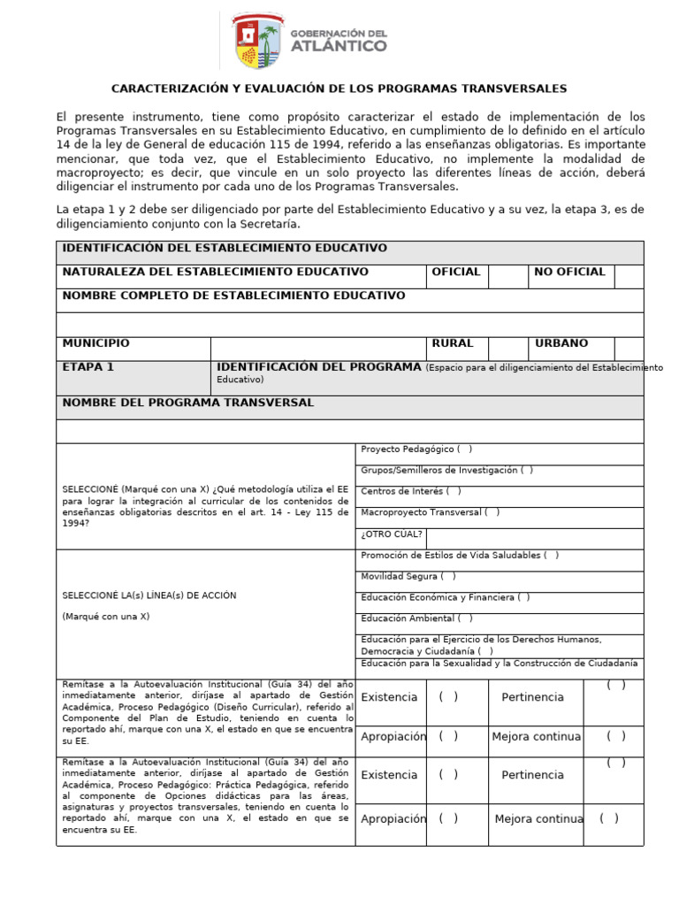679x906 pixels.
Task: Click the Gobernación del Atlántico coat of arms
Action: coord(257,41)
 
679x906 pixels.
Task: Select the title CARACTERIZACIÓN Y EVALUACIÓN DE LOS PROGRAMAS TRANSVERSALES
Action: coord(339,88)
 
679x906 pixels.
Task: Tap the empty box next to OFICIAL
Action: coord(507,277)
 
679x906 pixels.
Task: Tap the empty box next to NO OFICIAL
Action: coord(629,277)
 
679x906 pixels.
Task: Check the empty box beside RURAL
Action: coord(507,349)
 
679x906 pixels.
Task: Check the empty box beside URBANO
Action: coord(629,349)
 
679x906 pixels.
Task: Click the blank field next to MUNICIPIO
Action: coord(317,349)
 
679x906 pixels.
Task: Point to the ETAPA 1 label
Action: coord(88,366)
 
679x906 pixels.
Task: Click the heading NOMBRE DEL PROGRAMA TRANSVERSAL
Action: coord(187,403)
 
